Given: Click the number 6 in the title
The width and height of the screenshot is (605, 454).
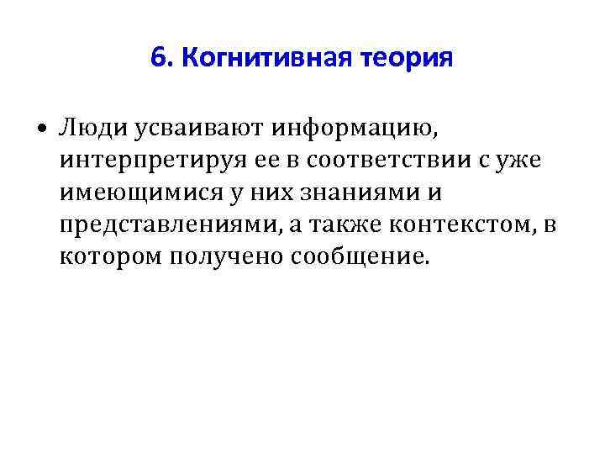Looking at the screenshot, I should point(157,58).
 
